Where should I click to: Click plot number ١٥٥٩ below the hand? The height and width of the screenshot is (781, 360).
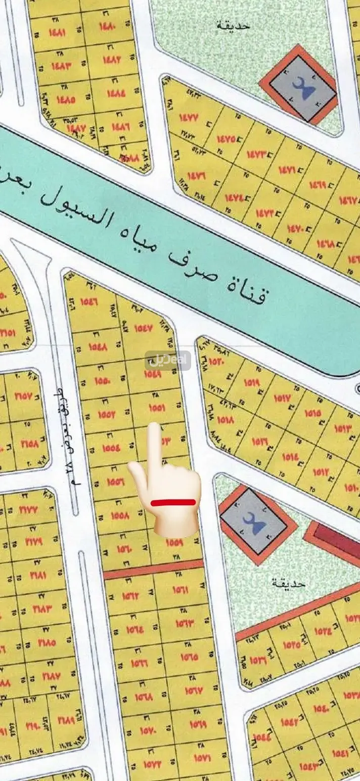point(174,543)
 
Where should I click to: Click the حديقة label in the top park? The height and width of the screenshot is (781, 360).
point(233,25)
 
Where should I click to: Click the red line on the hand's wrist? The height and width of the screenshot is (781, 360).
point(173,502)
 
